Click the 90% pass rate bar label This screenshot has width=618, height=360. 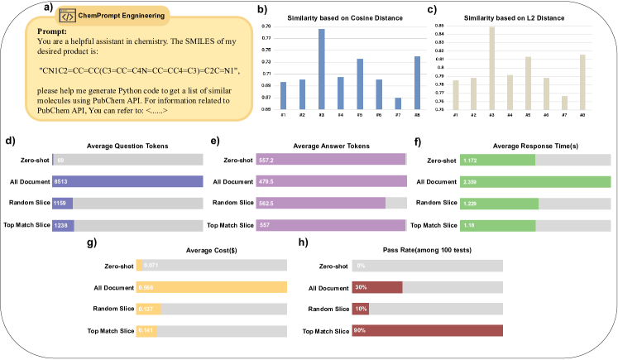tap(360, 331)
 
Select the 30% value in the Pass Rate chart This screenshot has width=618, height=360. tap(360, 287)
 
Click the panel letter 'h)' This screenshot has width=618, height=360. tap(302, 242)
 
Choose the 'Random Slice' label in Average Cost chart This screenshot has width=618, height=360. tap(116, 309)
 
